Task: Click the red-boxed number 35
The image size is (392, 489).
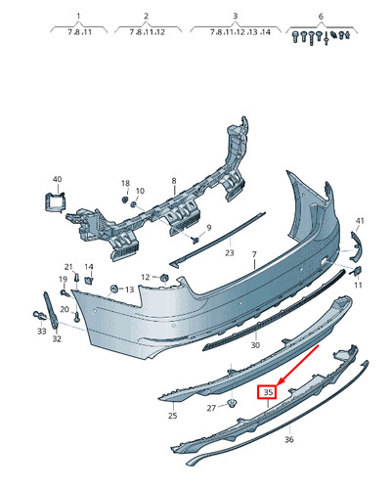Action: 268,392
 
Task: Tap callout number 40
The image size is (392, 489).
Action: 57,179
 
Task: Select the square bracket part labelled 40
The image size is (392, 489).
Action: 55,202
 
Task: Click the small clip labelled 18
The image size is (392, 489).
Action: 125,200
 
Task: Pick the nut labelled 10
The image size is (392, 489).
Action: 133,204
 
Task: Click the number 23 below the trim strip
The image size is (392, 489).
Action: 230,252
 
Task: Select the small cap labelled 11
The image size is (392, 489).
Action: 358,271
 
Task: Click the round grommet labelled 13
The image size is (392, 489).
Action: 114,289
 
